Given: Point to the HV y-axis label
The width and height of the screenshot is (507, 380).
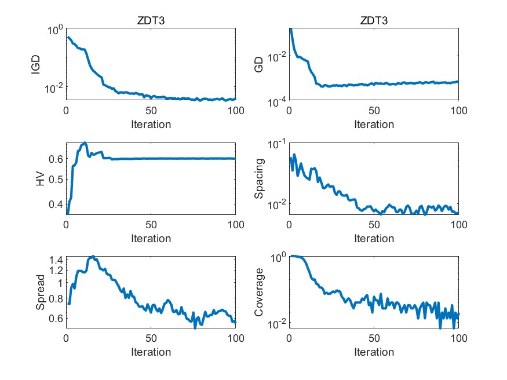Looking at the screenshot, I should pyautogui.click(x=40, y=179).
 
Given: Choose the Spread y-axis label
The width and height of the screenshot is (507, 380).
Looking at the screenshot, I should pyautogui.click(x=40, y=293).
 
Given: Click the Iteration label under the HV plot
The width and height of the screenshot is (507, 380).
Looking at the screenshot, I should pyautogui.click(x=151, y=238).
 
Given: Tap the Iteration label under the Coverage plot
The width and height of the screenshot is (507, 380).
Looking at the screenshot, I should pyautogui.click(x=374, y=352).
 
